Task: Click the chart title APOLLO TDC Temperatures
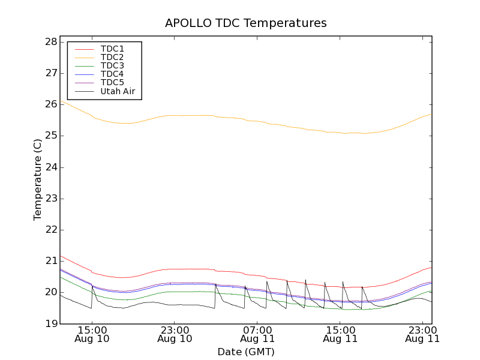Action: [x=245, y=23]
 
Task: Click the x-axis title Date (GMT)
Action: [x=245, y=352]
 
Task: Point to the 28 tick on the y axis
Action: [x=50, y=42]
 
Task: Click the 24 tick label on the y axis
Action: [x=50, y=167]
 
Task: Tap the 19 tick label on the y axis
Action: [x=50, y=323]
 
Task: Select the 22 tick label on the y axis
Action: [x=50, y=230]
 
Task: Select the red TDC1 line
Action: [x=180, y=269]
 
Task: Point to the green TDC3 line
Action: [x=180, y=292]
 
